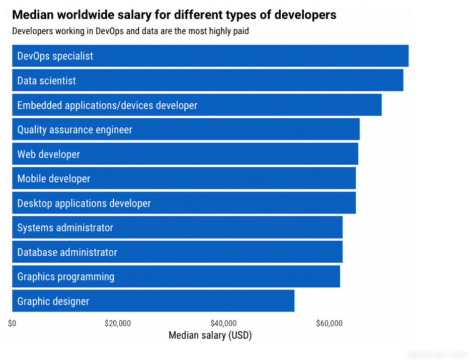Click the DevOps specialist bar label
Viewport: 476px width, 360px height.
(x=55, y=56)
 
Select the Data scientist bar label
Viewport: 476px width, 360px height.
(x=46, y=81)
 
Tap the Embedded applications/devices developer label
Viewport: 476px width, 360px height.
(x=107, y=105)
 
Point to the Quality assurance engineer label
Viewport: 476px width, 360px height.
(x=74, y=130)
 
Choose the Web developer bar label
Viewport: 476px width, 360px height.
(x=48, y=155)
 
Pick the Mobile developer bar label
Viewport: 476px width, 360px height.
(x=53, y=179)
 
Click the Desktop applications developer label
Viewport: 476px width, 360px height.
(x=84, y=203)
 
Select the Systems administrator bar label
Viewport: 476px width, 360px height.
(x=65, y=228)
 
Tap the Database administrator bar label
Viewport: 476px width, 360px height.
(x=67, y=252)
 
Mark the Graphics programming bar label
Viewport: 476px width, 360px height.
(x=65, y=276)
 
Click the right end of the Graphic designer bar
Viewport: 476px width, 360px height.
(x=293, y=301)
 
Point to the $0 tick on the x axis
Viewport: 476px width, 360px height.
(x=12, y=323)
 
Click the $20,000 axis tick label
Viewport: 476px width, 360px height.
(x=118, y=323)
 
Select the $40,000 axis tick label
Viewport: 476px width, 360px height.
(x=224, y=323)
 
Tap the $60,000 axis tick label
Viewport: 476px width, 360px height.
(x=330, y=323)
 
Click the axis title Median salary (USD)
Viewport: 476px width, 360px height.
(x=210, y=335)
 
